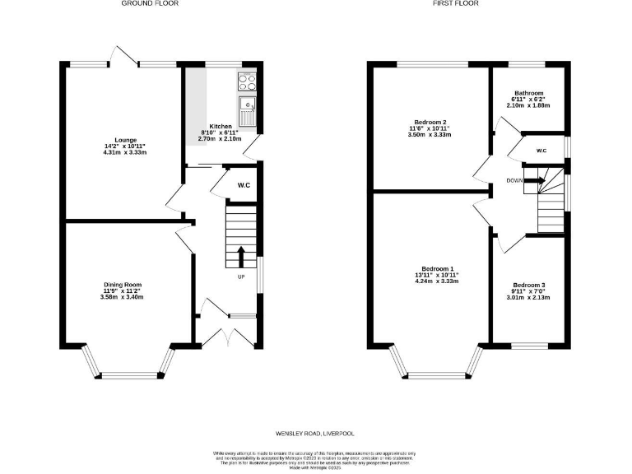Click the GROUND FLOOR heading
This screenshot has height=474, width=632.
point(150,3)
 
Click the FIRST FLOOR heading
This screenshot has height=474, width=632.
point(456,3)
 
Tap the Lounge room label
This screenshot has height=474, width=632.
point(126,140)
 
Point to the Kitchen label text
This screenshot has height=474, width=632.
point(221,127)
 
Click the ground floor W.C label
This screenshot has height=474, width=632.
point(244,185)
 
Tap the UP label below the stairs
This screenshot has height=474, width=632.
point(241,276)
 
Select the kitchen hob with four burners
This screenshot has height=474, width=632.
point(247,81)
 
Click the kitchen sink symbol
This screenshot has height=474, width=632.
point(247,105)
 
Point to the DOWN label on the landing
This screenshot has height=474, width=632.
point(514,180)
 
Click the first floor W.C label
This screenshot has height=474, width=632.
point(541,151)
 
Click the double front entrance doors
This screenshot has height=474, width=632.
point(226,337)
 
